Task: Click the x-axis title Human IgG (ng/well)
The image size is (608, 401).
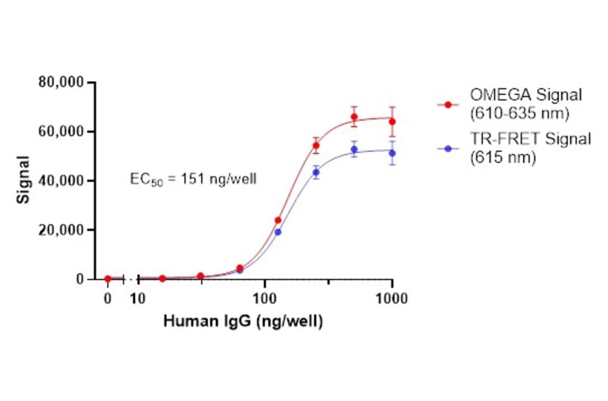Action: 243,322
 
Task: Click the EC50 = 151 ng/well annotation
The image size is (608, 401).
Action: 193,180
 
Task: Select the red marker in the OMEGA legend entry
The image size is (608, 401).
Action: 447,105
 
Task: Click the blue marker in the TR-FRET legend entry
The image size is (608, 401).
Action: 447,146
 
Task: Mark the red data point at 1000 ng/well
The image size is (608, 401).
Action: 392,122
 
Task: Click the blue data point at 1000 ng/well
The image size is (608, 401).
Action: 392,153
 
